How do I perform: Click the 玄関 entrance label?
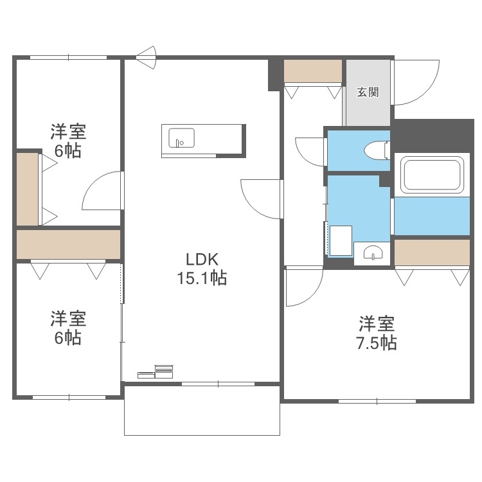[x=368, y=92]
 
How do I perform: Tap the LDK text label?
[x=203, y=260]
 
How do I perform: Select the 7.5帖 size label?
[x=377, y=343]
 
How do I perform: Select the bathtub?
[x=431, y=175]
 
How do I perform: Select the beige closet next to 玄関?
[x=312, y=71]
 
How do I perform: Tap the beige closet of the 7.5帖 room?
[x=431, y=253]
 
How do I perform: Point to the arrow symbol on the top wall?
[x=146, y=57]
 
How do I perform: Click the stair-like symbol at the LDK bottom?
[x=157, y=371]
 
